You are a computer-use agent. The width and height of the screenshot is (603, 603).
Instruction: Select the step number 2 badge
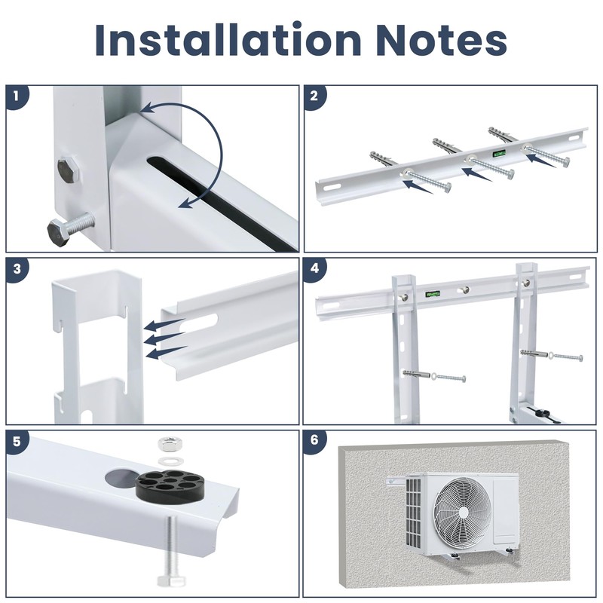pyautogui.click(x=314, y=96)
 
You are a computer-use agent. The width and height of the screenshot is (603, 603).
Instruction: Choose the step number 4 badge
pyautogui.click(x=314, y=268)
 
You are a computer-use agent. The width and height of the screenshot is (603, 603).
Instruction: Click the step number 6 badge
pyautogui.click(x=314, y=441)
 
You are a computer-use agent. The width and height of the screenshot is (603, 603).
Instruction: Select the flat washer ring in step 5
pyautogui.click(x=167, y=458)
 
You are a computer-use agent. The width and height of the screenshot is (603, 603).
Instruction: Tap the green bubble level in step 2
pyautogui.click(x=499, y=152)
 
